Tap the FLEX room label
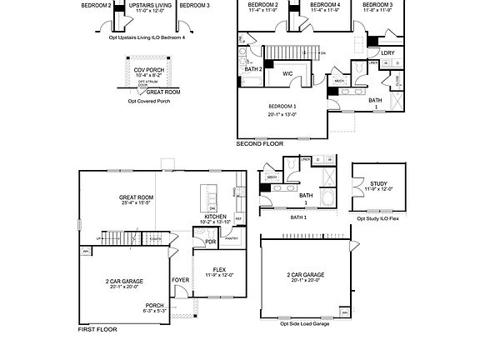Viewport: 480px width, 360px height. [x=219, y=269]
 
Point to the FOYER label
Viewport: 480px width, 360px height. [x=180, y=280]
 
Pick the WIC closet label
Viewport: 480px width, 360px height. [x=287, y=74]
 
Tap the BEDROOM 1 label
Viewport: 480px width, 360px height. [x=282, y=107]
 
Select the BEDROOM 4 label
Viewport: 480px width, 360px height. [x=325, y=5]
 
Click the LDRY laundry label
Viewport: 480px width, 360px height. [x=387, y=52]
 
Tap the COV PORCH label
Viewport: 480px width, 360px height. [x=148, y=70]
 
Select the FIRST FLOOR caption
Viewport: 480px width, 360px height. [x=97, y=330]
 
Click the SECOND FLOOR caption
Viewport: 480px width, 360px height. [x=260, y=143]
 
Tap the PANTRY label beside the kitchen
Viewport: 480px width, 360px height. [x=232, y=238]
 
